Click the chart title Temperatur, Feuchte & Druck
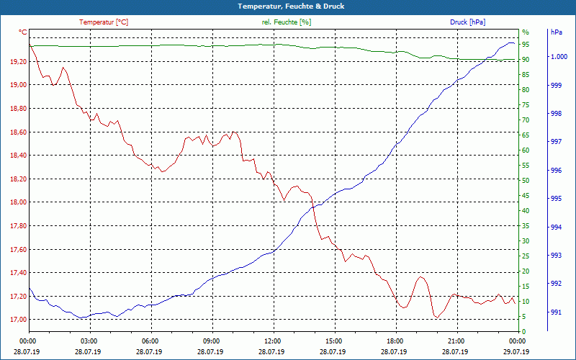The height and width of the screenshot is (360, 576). pos(288,6)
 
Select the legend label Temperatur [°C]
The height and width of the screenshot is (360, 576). pos(104,22)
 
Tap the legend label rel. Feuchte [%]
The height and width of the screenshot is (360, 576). pos(287,22)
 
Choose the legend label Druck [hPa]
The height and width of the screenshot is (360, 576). pos(468,22)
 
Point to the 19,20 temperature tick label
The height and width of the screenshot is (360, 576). pos(18,62)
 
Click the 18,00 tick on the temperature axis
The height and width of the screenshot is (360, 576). pos(18,202)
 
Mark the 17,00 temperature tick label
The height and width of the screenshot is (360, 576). pos(18,320)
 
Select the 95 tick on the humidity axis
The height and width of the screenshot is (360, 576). pos(526,45)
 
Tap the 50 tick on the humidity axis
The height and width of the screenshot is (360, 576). pos(526,181)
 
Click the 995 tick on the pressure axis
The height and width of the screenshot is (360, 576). pos(556,199)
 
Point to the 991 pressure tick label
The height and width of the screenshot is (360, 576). pos(556,312)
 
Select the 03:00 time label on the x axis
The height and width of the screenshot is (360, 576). pos(89,341)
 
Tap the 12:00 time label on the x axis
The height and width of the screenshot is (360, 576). pos(273,341)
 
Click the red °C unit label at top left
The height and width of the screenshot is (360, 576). pos(23,32)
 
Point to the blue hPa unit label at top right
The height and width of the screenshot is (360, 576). pos(557,32)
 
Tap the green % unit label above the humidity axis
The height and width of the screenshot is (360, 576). pos(526,32)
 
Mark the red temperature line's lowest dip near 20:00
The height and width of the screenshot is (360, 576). pos(436,317)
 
